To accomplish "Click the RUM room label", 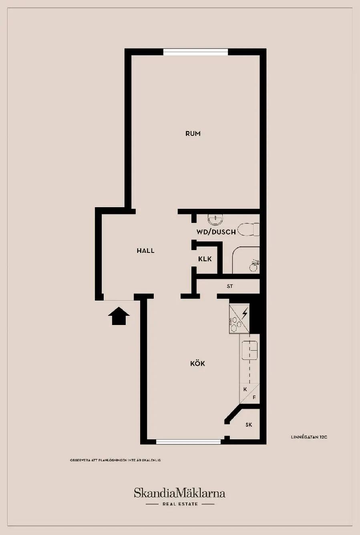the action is [193, 133].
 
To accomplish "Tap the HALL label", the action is [145, 250].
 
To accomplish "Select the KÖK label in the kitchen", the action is [198, 363].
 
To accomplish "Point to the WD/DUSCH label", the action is [216, 232].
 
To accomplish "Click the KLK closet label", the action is [205, 259].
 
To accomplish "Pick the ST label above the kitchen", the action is [230, 286].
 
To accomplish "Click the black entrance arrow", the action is [119, 316].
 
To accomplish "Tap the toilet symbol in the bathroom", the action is [249, 230].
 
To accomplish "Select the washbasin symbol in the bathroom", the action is [215, 219].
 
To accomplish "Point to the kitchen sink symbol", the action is [250, 350].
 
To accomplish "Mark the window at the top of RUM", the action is [195, 52].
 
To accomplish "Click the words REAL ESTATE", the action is [180, 504].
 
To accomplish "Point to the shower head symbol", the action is [254, 266].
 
